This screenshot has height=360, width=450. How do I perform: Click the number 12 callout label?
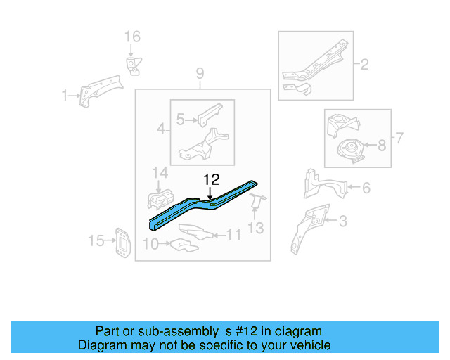(x=212, y=179)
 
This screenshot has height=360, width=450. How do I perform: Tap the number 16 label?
(x=132, y=37)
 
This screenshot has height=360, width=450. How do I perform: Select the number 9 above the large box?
(x=200, y=73)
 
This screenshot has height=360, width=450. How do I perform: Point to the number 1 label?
(x=65, y=96)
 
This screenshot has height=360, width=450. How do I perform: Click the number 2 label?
(x=364, y=65)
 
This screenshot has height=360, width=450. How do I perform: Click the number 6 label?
(x=366, y=188)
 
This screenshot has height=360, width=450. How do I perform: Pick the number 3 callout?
(x=342, y=222)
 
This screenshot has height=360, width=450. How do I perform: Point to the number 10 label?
(x=149, y=245)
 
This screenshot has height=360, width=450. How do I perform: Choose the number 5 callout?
(x=180, y=120)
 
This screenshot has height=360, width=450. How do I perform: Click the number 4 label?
(x=161, y=129)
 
